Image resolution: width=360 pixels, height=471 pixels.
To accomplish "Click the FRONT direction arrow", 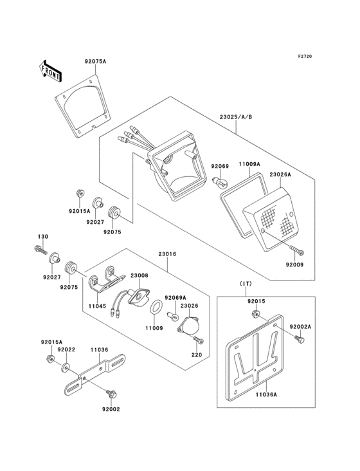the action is (x=50, y=71).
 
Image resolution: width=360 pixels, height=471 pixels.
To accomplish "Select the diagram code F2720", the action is (x=305, y=56).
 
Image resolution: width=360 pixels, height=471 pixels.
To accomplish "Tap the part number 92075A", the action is (x=95, y=62).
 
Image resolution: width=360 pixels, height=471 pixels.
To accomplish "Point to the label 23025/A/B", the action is (x=236, y=117).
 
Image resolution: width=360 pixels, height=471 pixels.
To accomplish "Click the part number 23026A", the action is (x=280, y=174).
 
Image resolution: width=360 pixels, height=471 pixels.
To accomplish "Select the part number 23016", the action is (x=167, y=254).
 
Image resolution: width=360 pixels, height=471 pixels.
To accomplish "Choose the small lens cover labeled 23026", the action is (x=188, y=326).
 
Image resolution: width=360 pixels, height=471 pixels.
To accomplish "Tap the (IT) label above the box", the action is (x=246, y=284).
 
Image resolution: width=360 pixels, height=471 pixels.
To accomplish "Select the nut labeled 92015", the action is (x=255, y=314).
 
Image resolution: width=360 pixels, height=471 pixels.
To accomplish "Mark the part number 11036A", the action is (x=266, y=394).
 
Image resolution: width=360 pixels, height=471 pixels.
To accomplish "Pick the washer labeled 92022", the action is (x=66, y=367).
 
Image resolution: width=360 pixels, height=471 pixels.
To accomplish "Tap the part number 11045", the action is (x=97, y=306).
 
